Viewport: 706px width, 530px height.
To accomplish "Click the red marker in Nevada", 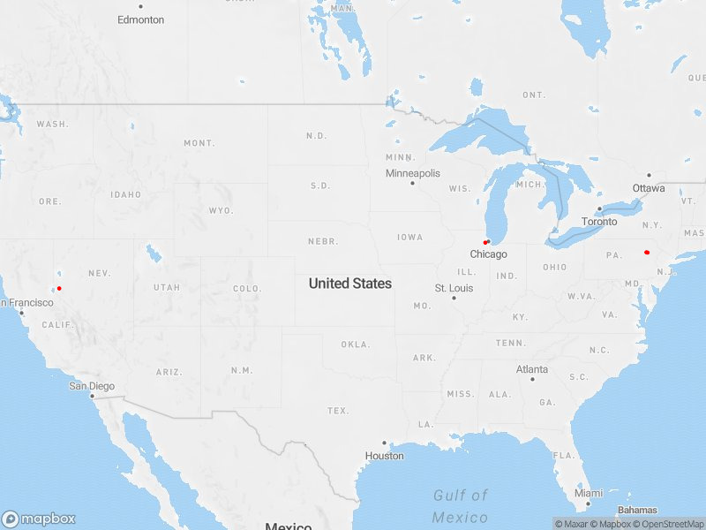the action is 59,288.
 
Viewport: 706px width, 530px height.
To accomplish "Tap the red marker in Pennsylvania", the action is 647,252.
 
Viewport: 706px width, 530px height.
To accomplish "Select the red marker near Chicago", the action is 486,242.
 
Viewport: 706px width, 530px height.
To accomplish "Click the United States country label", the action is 349,284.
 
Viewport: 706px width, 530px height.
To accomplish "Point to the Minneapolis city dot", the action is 412,183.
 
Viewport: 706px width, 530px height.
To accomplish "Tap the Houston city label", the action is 385,456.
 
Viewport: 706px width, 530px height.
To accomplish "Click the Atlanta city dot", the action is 532,379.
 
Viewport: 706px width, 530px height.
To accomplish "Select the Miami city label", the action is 588,493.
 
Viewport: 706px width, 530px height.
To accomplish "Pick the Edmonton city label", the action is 140,19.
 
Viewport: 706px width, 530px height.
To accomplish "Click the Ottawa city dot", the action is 649,175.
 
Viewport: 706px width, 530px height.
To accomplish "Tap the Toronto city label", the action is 600,222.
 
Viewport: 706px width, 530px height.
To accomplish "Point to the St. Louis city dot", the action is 454,298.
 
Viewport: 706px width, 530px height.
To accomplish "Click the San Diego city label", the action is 92,386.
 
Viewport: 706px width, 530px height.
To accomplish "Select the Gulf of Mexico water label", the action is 461,506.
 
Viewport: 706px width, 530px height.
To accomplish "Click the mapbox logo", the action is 38,519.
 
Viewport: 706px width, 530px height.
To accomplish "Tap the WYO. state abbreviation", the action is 221,210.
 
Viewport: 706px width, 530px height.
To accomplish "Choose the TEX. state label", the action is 337,411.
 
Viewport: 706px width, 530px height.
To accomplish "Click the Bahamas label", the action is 637,511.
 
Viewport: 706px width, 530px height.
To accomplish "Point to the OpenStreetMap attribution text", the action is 668,524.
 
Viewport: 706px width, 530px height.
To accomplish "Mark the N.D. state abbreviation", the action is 316,135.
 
